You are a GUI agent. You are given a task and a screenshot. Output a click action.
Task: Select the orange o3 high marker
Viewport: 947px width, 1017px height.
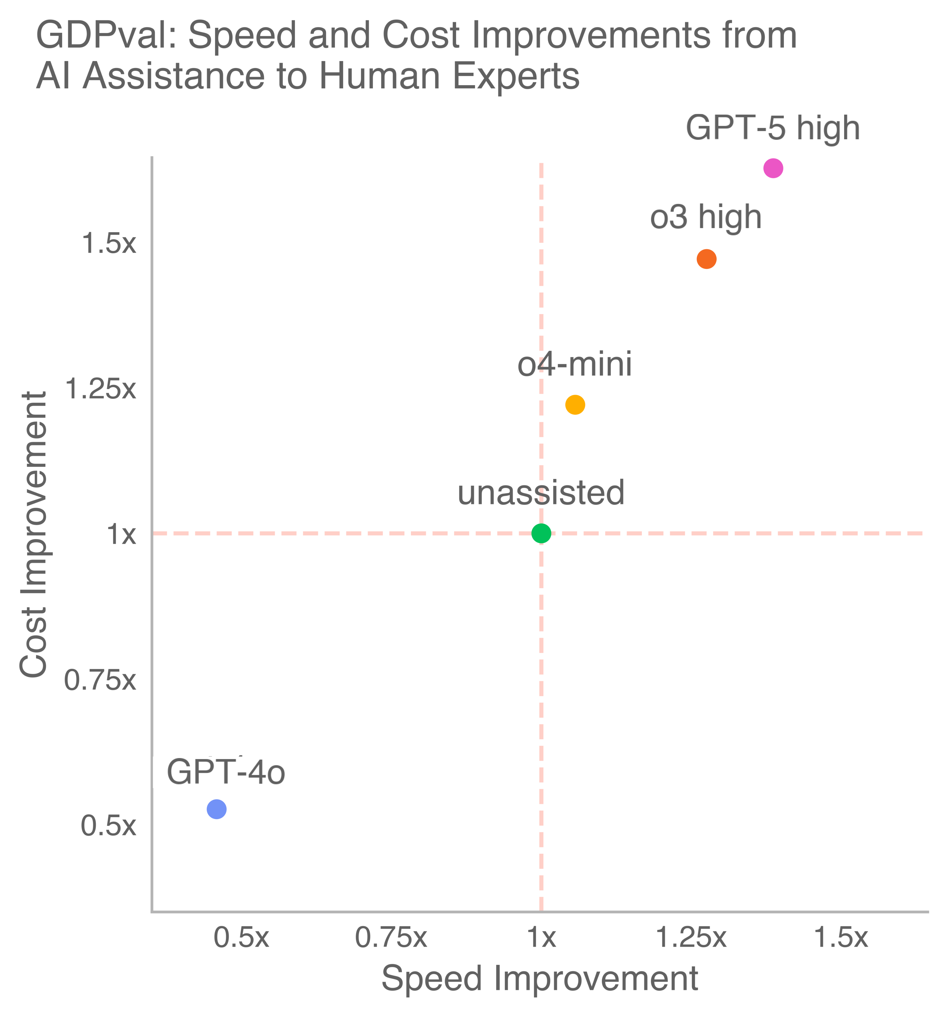point(706,259)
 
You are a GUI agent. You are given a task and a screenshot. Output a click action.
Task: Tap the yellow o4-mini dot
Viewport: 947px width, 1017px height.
point(575,405)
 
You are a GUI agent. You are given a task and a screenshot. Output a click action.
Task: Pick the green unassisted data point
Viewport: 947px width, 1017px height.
point(541,533)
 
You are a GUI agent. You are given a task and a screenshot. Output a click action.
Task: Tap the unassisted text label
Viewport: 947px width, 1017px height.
point(541,493)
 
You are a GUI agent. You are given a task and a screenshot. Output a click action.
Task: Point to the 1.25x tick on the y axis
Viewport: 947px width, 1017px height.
point(100,389)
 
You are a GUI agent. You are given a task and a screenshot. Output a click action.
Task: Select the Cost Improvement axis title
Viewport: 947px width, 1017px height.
point(34,535)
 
